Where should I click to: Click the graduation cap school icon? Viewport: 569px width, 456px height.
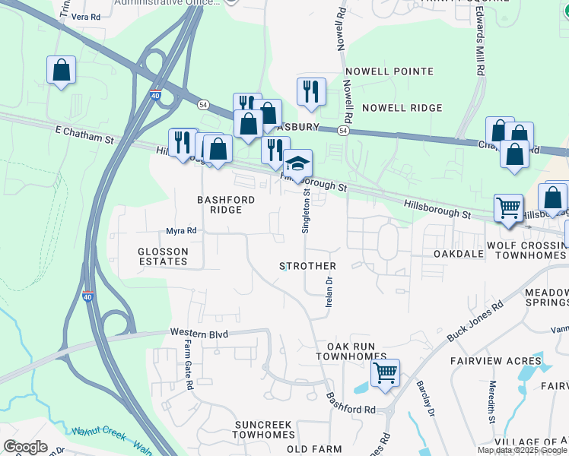298,163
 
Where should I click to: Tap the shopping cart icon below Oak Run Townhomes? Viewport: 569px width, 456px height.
386,373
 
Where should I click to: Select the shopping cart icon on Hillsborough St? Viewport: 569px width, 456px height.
508,207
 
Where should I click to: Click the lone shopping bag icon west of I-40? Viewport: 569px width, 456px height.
61,71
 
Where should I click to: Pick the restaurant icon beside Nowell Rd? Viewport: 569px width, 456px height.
311,91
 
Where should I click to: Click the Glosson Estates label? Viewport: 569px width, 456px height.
163,256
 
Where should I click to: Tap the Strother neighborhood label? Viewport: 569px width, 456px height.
307,266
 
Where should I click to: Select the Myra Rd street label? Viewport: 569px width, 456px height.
182,231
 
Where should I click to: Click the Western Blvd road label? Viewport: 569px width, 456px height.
199,333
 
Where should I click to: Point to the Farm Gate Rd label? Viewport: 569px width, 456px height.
188,365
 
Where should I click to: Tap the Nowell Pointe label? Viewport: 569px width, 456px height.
389,71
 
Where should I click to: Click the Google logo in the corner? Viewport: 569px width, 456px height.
25,446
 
